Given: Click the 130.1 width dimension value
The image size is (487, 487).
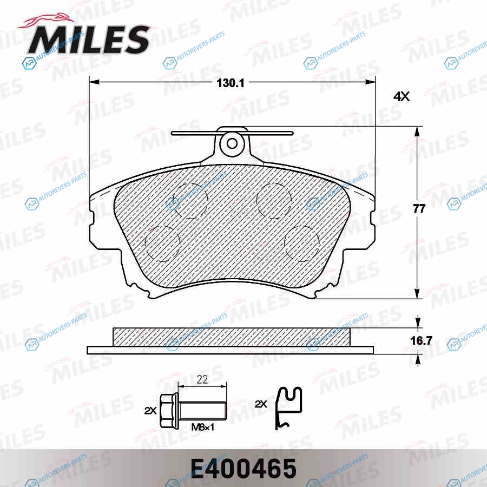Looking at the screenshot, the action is (x=231, y=83).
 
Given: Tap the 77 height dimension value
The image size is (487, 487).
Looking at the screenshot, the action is (x=419, y=209).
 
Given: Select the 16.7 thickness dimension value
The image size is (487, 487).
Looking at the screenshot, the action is (x=421, y=341).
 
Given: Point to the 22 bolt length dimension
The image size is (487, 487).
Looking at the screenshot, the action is (x=202, y=379).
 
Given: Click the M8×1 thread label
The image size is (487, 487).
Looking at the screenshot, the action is (x=203, y=427).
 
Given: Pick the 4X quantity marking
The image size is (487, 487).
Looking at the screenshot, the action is (x=402, y=97).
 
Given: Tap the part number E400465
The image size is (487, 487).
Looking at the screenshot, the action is (x=243, y=469).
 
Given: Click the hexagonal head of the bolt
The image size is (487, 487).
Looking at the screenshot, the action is (x=169, y=411).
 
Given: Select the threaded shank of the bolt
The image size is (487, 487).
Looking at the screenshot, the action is (x=202, y=411).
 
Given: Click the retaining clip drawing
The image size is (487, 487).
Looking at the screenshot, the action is (x=289, y=408).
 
